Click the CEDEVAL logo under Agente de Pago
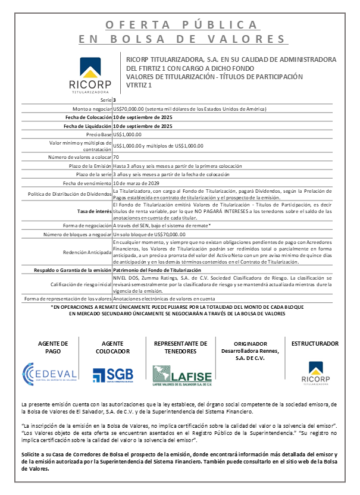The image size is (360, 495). [x=49, y=373]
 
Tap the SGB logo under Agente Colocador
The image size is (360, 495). [x=112, y=374]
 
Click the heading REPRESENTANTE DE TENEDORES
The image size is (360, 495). [x=181, y=347]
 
